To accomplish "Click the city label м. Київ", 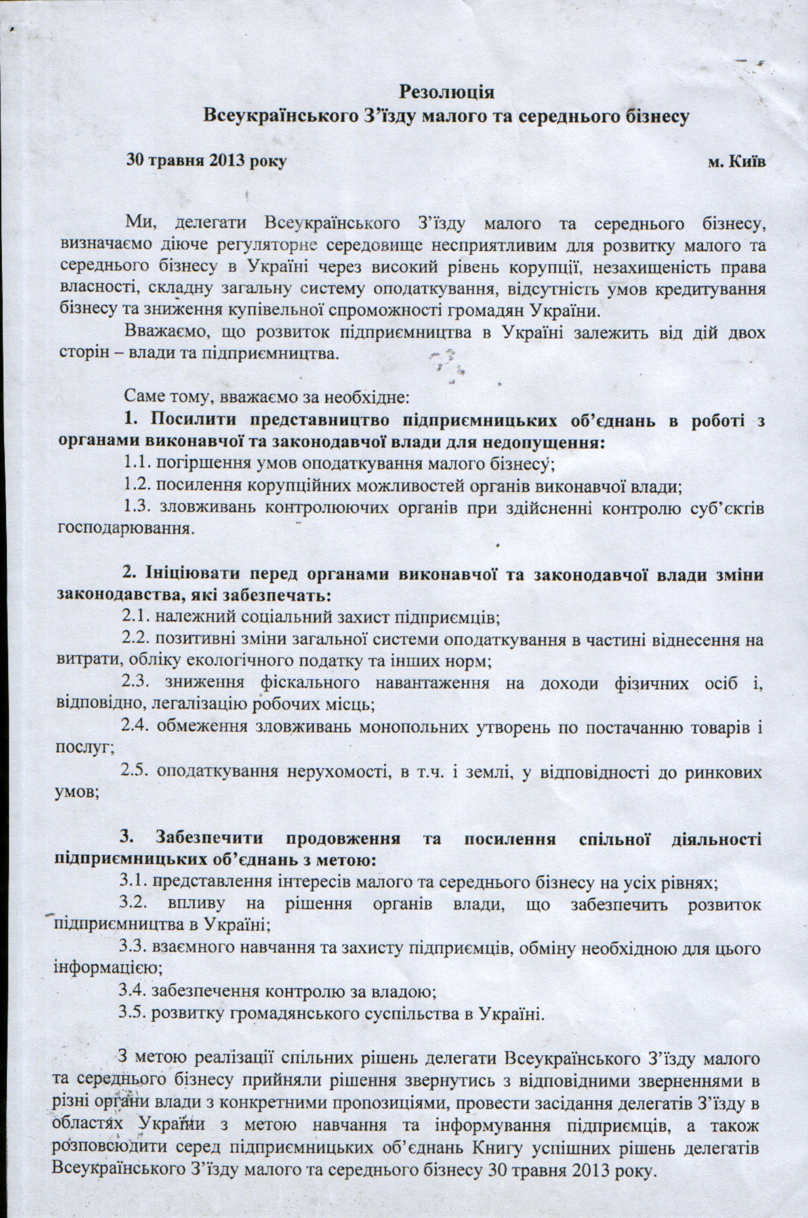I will coord(736,161).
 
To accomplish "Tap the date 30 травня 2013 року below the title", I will coord(206,161).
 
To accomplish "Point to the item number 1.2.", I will coord(138,486).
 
